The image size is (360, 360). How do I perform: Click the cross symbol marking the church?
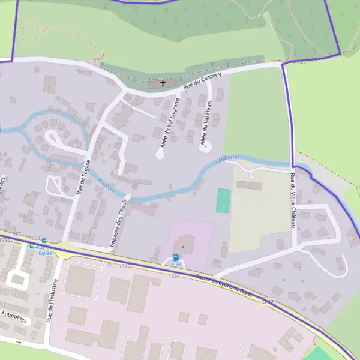coord(163,83)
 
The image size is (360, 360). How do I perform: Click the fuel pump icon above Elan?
coord(176,257)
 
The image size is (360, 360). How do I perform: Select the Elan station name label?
coord(176,265)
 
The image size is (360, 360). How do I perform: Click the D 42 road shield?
coord(268,302)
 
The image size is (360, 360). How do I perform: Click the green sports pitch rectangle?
coord(223,200)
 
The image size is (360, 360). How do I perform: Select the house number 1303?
coord(34,238)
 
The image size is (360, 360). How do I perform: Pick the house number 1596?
coord(125,266)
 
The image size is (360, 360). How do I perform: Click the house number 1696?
coord(175,276)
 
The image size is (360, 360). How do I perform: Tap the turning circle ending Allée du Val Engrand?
coord(160,154)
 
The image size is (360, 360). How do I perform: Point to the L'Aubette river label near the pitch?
coord(226,159)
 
